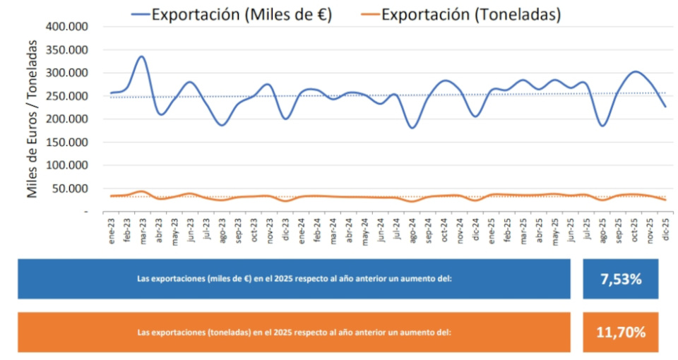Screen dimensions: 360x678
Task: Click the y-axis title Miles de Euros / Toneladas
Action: [x=32, y=119]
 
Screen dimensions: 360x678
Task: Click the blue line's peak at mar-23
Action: [x=141, y=56]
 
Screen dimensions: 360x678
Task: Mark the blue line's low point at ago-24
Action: [x=412, y=128]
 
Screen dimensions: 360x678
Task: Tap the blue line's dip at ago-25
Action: [x=602, y=126]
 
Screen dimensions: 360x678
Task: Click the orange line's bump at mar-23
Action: [x=141, y=191]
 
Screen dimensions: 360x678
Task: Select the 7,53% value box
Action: [x=621, y=279]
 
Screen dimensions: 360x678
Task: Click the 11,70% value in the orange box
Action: [x=621, y=332]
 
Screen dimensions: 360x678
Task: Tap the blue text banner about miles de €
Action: [x=294, y=279]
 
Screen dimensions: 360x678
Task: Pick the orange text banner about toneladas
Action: [x=294, y=332]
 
